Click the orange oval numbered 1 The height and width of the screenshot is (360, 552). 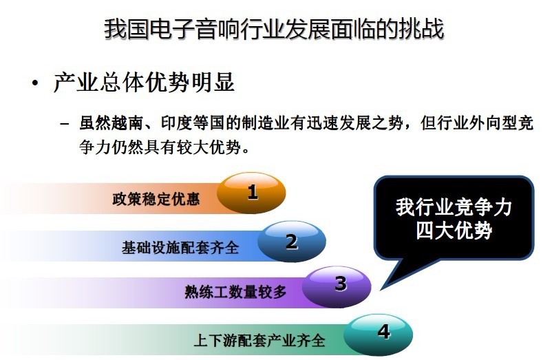[x=251, y=193]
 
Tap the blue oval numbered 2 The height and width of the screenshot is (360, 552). [x=292, y=242]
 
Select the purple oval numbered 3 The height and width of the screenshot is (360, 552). [x=337, y=287]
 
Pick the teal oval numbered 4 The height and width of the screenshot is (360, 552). [x=378, y=335]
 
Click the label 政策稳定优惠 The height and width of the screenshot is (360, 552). [x=156, y=199]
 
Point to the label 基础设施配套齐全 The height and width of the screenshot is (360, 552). [x=180, y=247]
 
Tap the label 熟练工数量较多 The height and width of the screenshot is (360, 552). [x=235, y=292]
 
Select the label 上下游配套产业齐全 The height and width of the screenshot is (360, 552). [x=259, y=340]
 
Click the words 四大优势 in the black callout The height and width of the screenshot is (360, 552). [x=454, y=231]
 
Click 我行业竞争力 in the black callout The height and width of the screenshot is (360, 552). [x=454, y=207]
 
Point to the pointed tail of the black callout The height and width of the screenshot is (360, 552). [x=381, y=289]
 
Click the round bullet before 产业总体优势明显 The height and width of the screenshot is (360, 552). [x=34, y=83]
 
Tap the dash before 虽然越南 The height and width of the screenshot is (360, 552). [x=64, y=124]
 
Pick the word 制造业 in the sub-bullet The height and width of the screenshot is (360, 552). [x=266, y=123]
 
